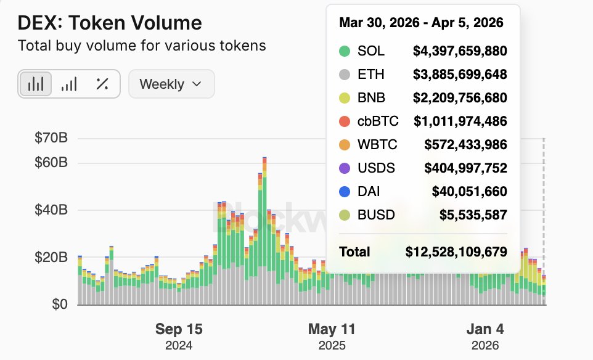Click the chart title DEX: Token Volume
(x=109, y=23)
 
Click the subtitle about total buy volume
(x=142, y=46)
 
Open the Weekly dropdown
(x=171, y=84)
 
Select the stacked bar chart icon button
(x=36, y=84)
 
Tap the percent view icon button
(x=102, y=84)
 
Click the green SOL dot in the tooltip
(x=345, y=51)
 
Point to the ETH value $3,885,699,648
(x=460, y=75)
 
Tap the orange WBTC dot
(x=345, y=145)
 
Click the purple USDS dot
(x=345, y=168)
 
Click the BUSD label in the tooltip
(x=376, y=215)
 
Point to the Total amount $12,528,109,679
(x=456, y=252)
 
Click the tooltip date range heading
(x=421, y=23)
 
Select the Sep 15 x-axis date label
(x=179, y=329)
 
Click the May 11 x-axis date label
(x=332, y=329)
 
